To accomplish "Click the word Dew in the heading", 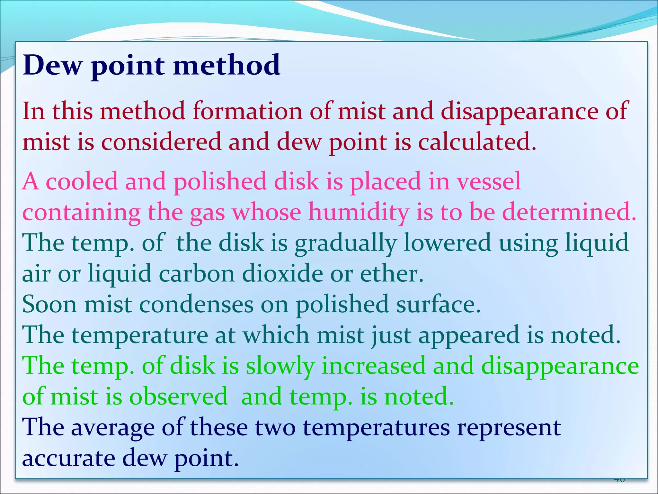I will click(x=52, y=65).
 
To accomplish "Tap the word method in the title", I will click(x=227, y=65).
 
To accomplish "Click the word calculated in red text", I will click(x=477, y=142).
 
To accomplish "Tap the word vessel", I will click(x=489, y=181).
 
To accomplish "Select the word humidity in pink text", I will click(x=359, y=213).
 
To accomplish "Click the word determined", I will click(x=569, y=212).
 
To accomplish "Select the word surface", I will click(x=438, y=305).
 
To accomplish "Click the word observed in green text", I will click(x=178, y=397).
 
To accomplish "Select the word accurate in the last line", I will click(x=68, y=458).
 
